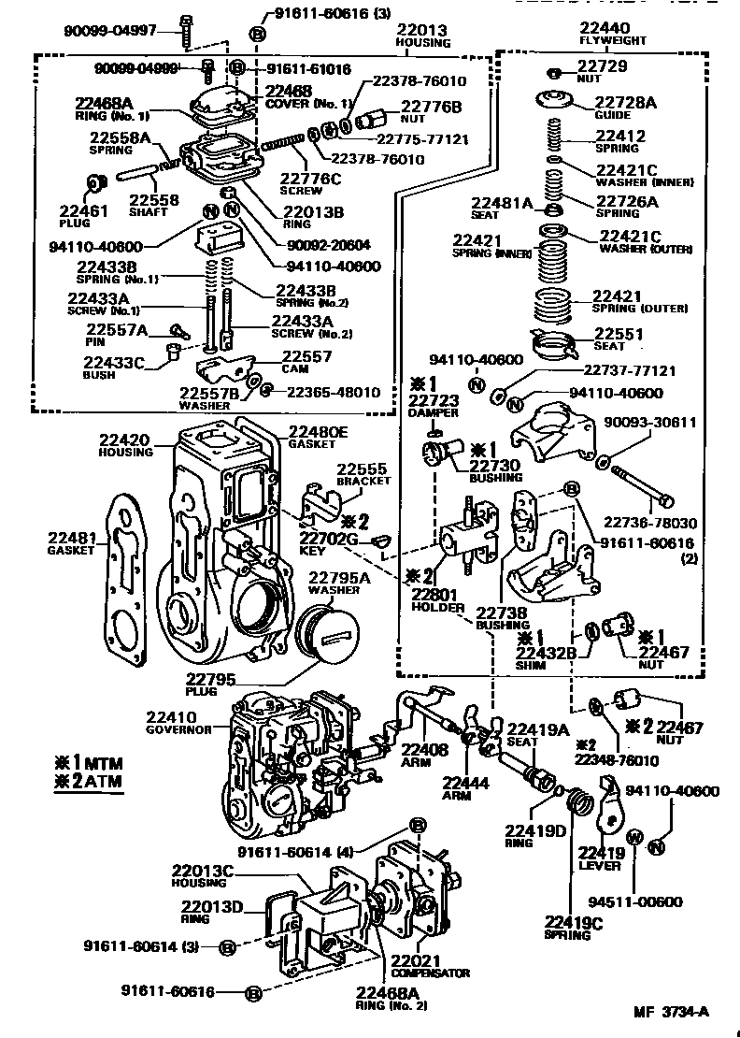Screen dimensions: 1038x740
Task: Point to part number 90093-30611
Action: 656,423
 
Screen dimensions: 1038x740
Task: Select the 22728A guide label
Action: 626,102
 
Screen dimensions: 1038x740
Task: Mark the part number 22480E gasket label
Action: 318,431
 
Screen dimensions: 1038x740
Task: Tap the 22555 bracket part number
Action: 363,468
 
